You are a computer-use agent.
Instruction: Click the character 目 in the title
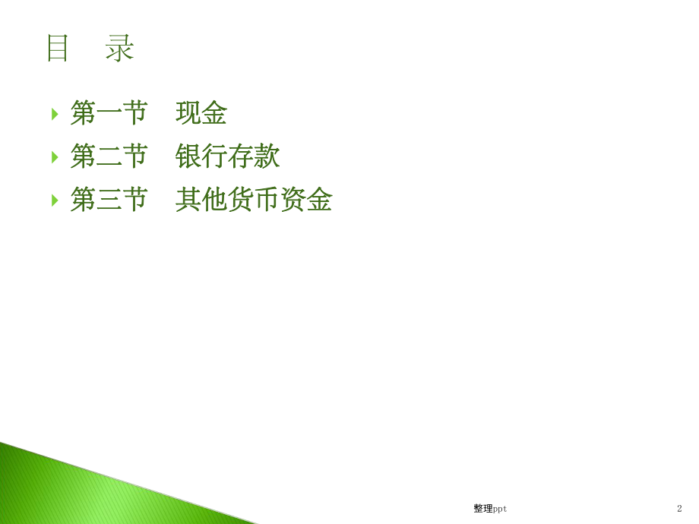(x=58, y=49)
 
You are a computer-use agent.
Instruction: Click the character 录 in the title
(x=120, y=49)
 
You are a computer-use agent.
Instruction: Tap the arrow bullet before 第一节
(x=55, y=114)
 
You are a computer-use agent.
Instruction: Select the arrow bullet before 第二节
(x=55, y=157)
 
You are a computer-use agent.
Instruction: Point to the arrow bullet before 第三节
(x=55, y=200)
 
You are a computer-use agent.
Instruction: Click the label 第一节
(x=109, y=114)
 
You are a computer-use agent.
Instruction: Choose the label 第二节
(x=109, y=157)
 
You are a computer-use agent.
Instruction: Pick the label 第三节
(x=109, y=200)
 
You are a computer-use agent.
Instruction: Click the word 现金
(x=201, y=114)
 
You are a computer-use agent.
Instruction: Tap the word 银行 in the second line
(x=201, y=157)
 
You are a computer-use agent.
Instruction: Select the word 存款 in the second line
(x=254, y=157)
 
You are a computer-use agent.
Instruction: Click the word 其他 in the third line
(x=201, y=200)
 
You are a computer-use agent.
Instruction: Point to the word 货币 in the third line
(x=254, y=200)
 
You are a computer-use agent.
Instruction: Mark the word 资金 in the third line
(x=306, y=200)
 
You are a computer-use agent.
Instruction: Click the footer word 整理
(x=482, y=509)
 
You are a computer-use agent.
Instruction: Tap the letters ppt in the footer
(x=500, y=509)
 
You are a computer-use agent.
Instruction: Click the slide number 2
(x=679, y=509)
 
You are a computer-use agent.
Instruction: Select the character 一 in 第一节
(x=109, y=114)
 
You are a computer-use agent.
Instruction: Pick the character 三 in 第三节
(x=109, y=200)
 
